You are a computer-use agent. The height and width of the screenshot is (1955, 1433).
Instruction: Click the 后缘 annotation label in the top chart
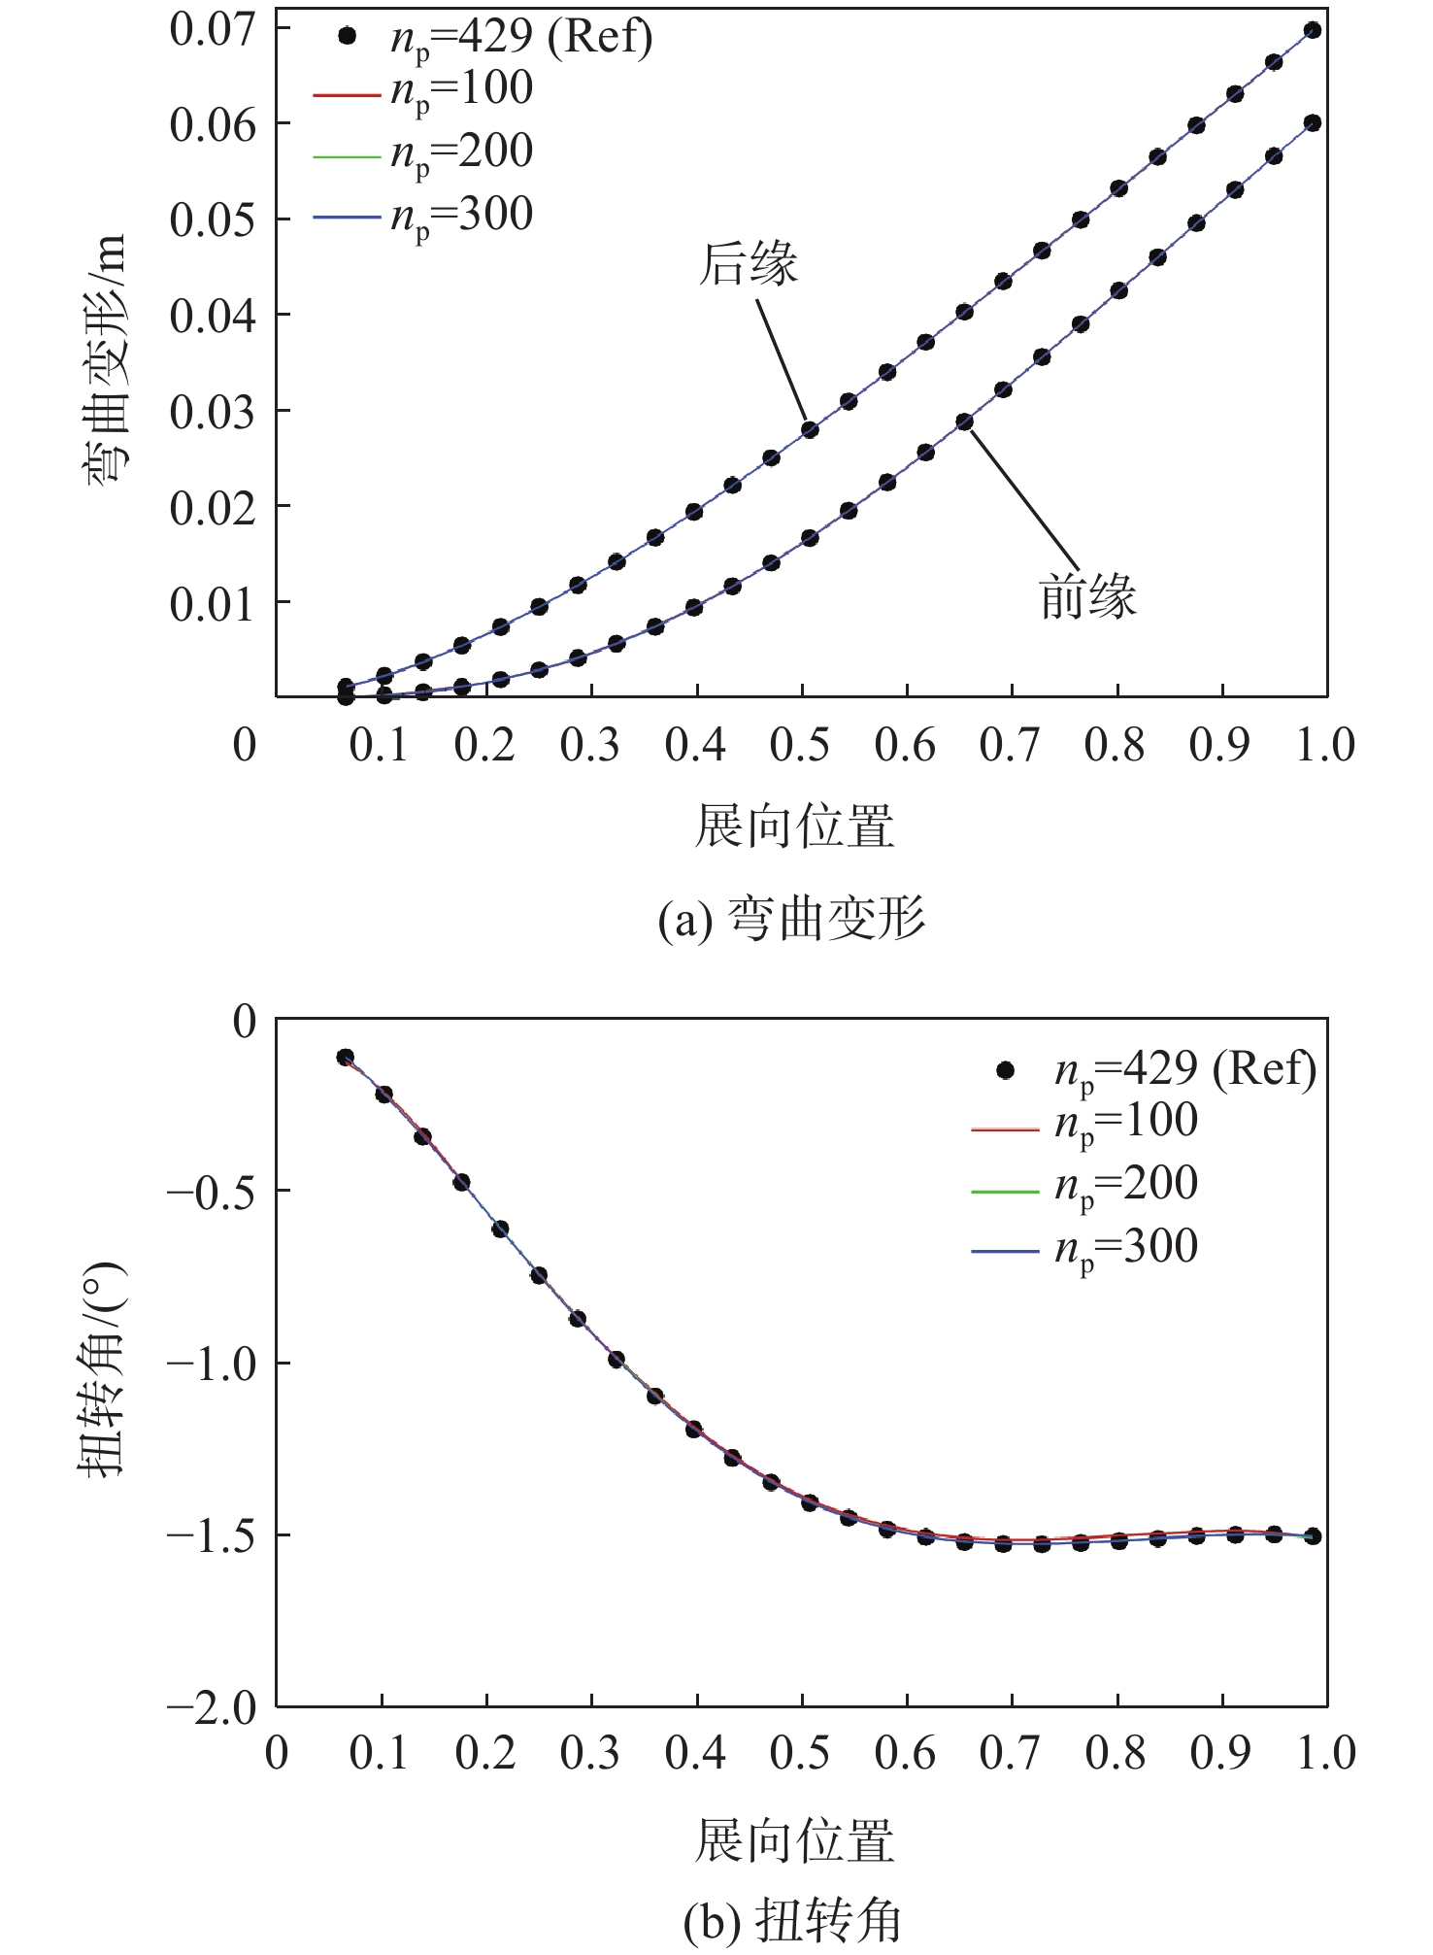click(748, 265)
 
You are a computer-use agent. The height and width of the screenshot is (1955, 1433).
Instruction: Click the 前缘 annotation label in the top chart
click(1087, 596)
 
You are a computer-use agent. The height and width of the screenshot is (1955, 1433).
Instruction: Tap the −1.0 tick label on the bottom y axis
click(210, 1363)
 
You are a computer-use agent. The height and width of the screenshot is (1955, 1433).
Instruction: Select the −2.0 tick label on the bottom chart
click(210, 1706)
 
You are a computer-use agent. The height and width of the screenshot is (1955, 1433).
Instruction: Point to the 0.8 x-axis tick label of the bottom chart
click(1116, 1753)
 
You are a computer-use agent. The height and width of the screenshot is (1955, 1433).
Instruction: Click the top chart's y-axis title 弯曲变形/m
click(103, 359)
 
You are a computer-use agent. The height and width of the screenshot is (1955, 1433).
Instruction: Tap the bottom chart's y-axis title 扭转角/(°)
click(103, 1369)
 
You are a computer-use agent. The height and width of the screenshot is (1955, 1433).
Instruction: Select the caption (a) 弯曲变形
click(792, 919)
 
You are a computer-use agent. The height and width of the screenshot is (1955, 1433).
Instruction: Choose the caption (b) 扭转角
click(792, 1920)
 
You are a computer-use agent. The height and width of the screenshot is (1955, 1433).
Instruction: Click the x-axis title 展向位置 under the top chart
click(794, 826)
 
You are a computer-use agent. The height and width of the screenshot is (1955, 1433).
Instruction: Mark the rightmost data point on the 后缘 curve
click(1313, 30)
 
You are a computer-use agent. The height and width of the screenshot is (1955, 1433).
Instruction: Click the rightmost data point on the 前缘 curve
click(1313, 123)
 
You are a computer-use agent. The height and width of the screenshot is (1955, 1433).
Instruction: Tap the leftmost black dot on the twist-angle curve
click(346, 1058)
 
